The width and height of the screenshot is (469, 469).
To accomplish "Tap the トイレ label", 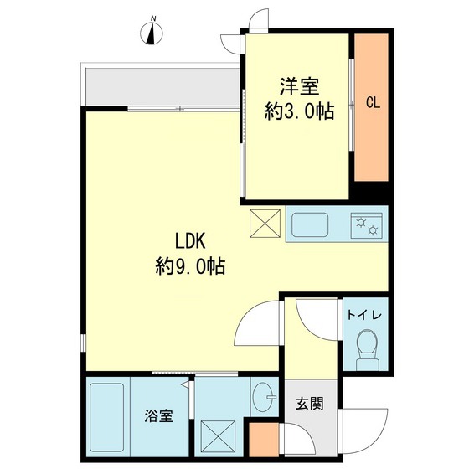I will [365, 315].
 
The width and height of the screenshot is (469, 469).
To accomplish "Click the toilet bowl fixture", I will [366, 346].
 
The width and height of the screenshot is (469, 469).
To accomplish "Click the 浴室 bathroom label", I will [158, 415].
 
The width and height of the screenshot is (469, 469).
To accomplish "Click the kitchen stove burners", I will [367, 224].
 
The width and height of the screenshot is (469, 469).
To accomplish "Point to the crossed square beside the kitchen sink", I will [267, 224].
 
